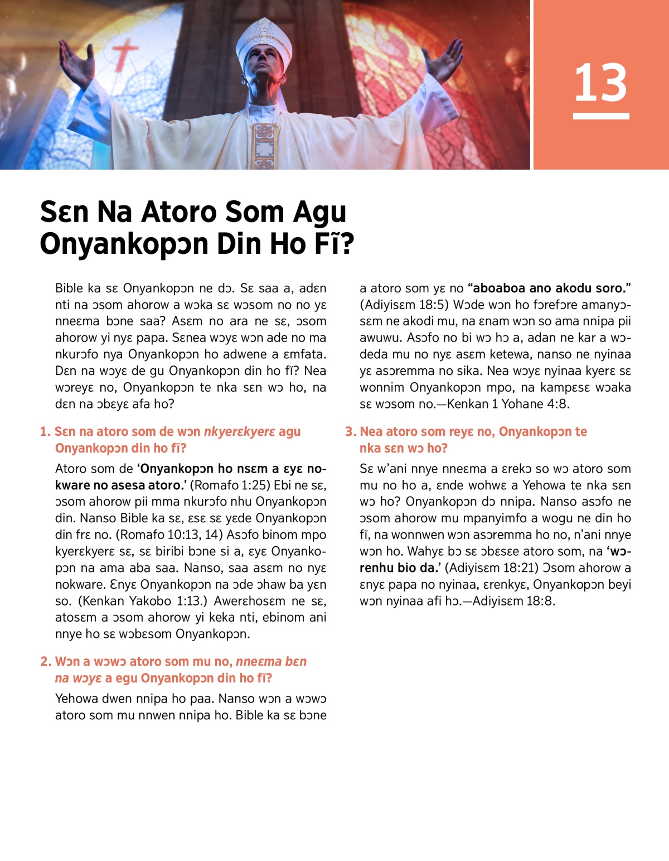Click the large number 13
click(600, 83)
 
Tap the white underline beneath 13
click(600, 116)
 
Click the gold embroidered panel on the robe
click(264, 145)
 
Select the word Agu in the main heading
click(319, 213)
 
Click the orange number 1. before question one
click(45, 431)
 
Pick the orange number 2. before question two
click(46, 661)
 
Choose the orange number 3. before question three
click(350, 431)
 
